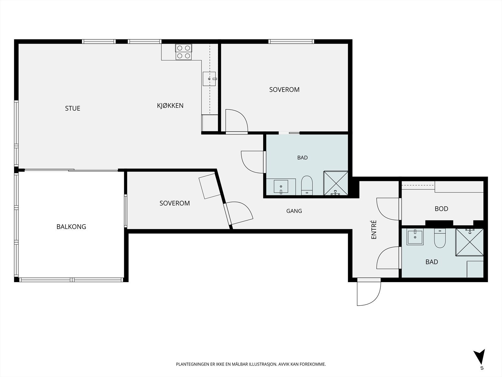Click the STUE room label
72,108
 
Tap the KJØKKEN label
170,106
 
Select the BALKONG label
71,227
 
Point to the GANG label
294,211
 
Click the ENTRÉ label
373,230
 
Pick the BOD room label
441,209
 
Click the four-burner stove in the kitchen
184,52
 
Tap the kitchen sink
209,79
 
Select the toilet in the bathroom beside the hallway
307,185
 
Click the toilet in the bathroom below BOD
440,238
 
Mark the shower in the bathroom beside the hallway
336,183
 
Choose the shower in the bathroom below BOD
469,242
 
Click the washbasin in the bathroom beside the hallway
281,187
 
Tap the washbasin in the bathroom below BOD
415,237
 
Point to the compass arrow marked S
480,357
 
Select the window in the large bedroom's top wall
291,41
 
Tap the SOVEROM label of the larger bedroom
284,90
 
